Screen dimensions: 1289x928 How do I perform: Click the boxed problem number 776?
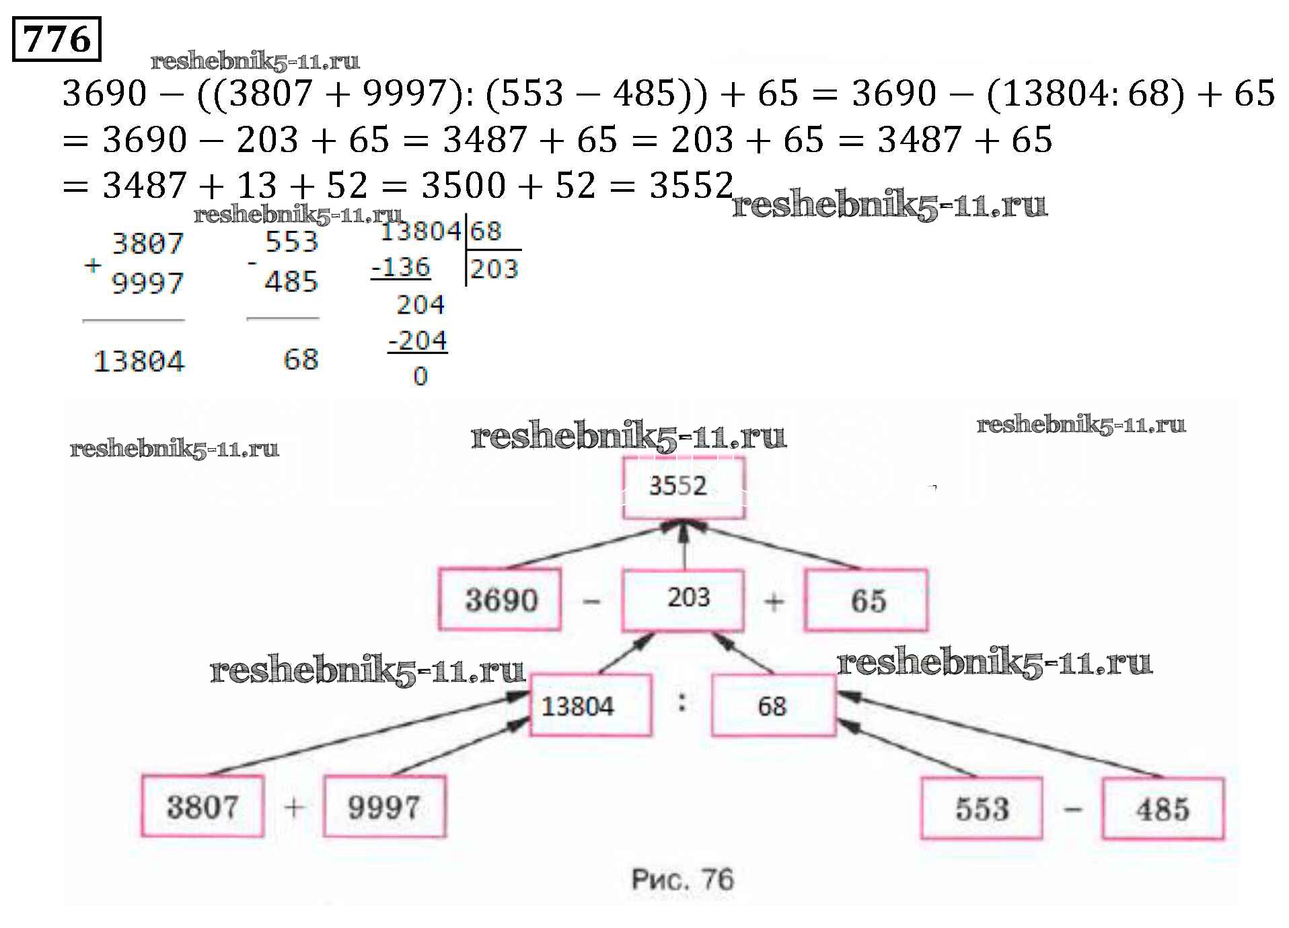coord(57,39)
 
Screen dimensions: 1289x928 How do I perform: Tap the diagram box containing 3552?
coord(684,487)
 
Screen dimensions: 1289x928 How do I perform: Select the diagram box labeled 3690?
coord(500,599)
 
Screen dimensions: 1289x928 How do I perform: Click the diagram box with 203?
coord(684,600)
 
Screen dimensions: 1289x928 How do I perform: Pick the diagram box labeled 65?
coord(867,600)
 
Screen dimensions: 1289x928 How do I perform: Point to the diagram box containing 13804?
coord(591,705)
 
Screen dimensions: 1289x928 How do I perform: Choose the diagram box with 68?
coord(774,705)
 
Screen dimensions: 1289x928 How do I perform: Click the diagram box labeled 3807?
coord(202,806)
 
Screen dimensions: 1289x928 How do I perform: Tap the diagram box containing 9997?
coord(384,806)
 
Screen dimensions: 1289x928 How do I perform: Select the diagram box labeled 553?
coord(982,808)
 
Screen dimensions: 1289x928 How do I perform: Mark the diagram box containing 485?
coord(1163,808)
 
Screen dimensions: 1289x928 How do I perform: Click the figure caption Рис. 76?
coord(683,880)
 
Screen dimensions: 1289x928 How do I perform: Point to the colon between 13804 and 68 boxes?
coord(682,703)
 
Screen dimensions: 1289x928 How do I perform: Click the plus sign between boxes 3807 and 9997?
coord(294,807)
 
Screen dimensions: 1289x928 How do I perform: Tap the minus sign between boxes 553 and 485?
coord(1073,808)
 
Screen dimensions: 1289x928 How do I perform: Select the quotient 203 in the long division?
coord(494,269)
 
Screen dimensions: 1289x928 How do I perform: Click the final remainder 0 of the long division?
coord(420,376)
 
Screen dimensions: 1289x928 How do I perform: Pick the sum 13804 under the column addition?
coord(139,361)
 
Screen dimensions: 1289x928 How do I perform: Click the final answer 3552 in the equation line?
coord(691,185)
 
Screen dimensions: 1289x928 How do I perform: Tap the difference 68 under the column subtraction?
coord(301,359)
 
